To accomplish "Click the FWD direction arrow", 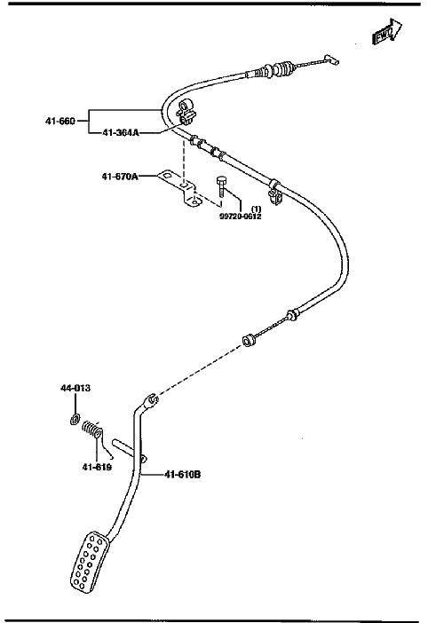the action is [387, 31].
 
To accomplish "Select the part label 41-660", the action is [59, 121].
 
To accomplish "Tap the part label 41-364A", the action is [121, 133].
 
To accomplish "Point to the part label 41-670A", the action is [120, 177].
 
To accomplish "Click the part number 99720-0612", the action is [241, 217].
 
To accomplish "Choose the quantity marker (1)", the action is [256, 209].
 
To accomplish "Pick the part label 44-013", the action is [75, 388].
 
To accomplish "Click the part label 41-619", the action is [97, 467].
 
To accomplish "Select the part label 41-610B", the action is [182, 475].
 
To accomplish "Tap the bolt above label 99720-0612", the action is [221, 187].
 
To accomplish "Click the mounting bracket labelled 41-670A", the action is [180, 188].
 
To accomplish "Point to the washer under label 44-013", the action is [75, 419].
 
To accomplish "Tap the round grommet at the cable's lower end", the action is [250, 340].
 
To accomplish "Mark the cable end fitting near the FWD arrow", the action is [331, 59].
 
